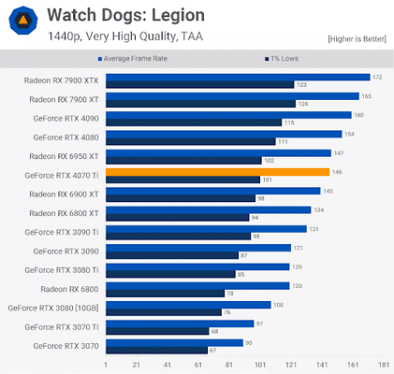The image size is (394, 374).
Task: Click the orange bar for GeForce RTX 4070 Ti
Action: point(217,172)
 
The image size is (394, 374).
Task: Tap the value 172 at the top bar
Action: point(377,77)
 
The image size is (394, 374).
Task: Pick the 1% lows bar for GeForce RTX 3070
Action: point(156,350)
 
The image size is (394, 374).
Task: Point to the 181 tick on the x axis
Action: point(383,365)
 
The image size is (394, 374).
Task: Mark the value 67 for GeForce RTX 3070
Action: point(213,350)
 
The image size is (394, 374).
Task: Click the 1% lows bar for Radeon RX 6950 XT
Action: point(183,160)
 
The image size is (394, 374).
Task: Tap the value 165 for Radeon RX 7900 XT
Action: point(367,95)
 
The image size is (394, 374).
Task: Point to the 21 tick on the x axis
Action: point(137,365)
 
